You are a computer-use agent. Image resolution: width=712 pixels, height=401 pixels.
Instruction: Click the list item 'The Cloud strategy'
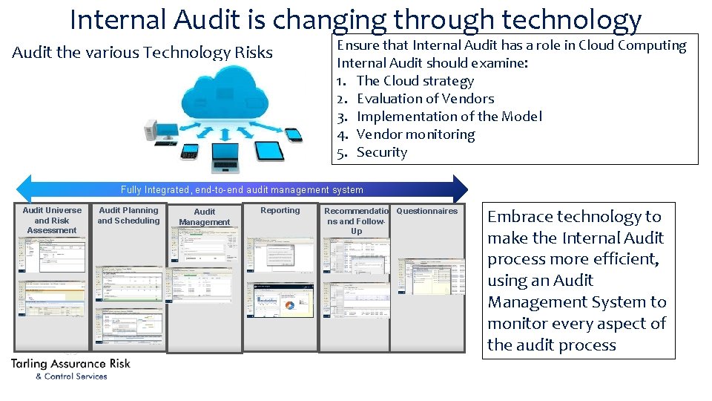(x=415, y=81)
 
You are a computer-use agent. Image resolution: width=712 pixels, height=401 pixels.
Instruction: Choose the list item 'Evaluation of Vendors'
(x=425, y=99)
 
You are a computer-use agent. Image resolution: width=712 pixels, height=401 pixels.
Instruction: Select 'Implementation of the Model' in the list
(x=449, y=117)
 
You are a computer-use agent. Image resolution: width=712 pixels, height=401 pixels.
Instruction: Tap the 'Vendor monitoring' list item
(x=415, y=134)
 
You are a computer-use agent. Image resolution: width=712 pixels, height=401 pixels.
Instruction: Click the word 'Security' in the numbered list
(x=381, y=152)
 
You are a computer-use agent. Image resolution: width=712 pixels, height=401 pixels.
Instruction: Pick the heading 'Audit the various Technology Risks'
(x=142, y=53)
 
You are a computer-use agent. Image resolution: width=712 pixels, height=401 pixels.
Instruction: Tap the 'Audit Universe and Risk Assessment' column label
(x=52, y=221)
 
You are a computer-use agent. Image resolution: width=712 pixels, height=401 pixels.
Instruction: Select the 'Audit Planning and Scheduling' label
(x=128, y=215)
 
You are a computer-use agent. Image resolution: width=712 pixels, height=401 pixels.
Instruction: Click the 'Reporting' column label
(x=280, y=211)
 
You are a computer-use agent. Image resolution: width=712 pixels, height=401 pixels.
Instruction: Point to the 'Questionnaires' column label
(x=427, y=211)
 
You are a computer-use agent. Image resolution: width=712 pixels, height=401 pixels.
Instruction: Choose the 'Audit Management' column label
(x=205, y=217)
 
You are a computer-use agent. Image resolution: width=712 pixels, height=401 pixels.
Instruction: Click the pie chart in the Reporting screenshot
(x=289, y=305)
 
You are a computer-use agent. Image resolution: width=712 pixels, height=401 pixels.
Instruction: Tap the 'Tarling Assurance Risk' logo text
(x=70, y=364)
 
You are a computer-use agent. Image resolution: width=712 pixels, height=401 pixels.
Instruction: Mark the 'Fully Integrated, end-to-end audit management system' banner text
(x=242, y=190)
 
